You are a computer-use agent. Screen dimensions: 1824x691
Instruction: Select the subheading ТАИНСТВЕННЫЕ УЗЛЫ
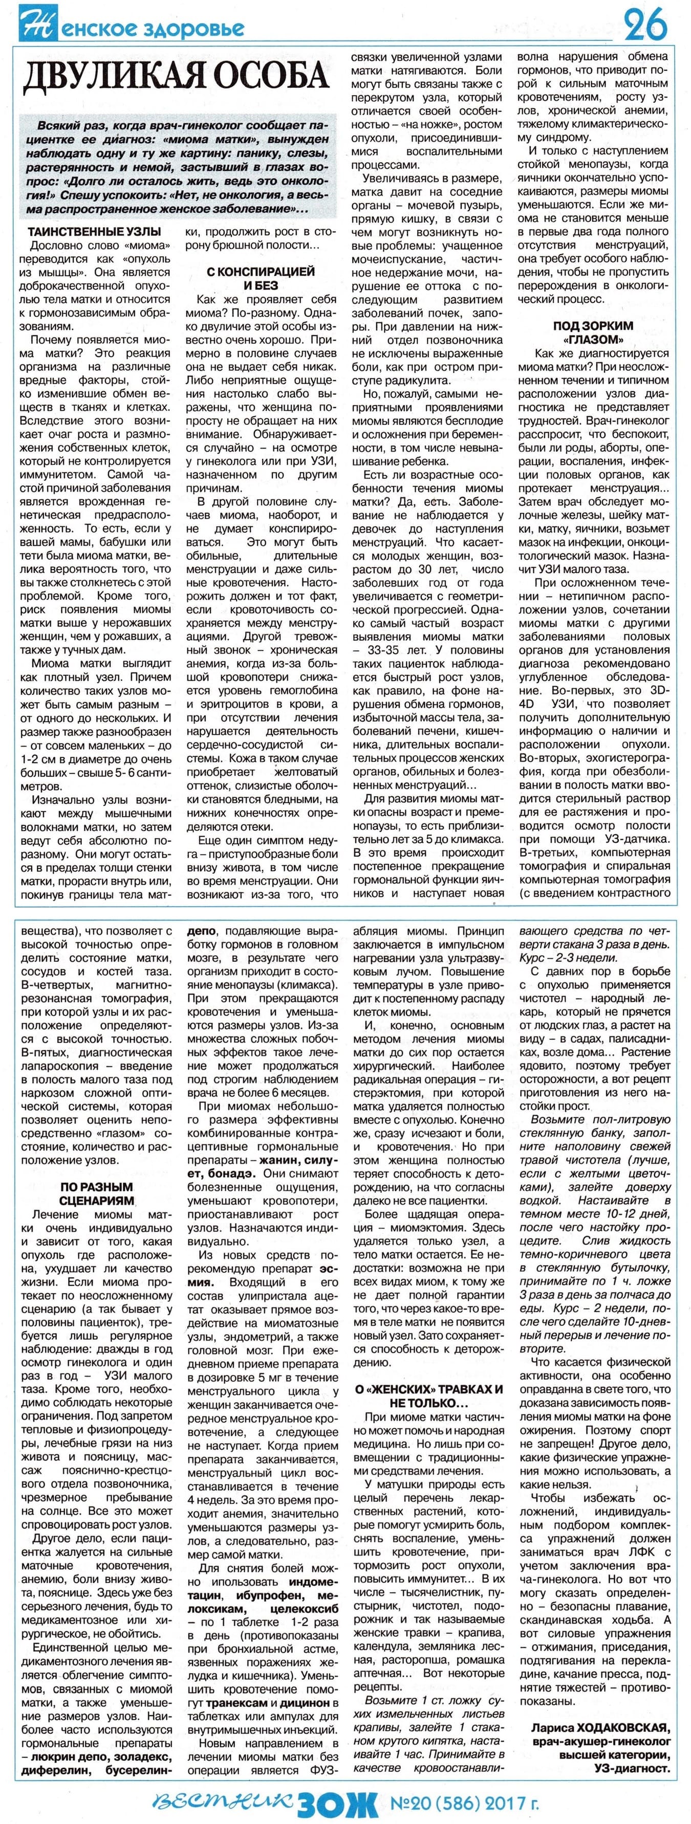[x=94, y=232]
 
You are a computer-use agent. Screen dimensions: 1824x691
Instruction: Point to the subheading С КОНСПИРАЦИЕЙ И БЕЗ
[x=261, y=278]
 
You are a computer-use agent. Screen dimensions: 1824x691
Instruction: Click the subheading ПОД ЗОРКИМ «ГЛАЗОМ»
[x=593, y=333]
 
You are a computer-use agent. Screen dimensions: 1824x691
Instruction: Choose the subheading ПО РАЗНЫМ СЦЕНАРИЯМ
[x=96, y=1193]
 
